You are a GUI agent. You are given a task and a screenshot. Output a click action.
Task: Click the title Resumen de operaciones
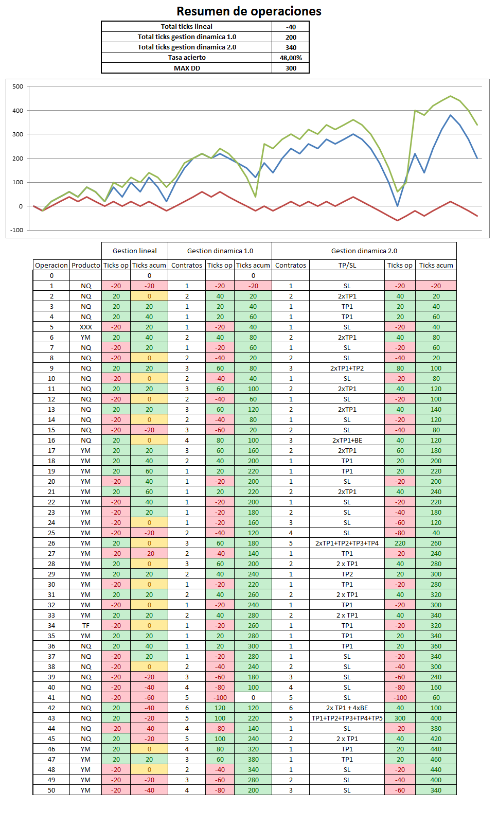[249, 11]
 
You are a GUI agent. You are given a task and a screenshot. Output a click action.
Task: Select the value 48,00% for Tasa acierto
[291, 58]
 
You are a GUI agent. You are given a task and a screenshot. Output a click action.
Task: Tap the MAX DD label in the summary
[187, 68]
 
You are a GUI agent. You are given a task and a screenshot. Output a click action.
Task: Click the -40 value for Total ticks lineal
[291, 27]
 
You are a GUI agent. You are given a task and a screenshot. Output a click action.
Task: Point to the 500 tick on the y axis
[18, 86]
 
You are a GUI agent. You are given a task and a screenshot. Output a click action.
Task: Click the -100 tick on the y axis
[17, 230]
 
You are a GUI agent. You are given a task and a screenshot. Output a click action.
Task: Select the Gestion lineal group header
[135, 251]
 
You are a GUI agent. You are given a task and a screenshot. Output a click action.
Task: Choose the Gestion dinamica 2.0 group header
[364, 251]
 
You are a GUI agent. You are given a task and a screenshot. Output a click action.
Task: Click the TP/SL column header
[347, 265]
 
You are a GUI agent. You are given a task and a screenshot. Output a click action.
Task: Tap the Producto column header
[86, 265]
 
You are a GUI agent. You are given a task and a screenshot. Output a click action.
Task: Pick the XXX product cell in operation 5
[86, 327]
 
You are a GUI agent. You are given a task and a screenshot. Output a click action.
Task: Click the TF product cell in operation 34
[86, 625]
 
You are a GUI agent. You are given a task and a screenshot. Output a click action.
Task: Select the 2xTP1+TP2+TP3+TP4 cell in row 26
[347, 543]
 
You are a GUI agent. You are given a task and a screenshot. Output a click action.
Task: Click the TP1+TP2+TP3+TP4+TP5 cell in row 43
[347, 718]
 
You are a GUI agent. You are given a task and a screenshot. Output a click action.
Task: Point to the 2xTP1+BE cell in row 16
[347, 440]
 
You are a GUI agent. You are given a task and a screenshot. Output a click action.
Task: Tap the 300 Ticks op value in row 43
[400, 718]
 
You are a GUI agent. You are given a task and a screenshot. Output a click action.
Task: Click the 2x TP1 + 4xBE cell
[347, 708]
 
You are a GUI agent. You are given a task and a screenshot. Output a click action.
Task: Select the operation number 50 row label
[51, 790]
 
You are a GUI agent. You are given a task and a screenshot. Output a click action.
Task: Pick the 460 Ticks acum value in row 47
[436, 759]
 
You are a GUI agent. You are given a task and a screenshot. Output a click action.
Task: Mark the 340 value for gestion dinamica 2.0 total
[291, 47]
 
